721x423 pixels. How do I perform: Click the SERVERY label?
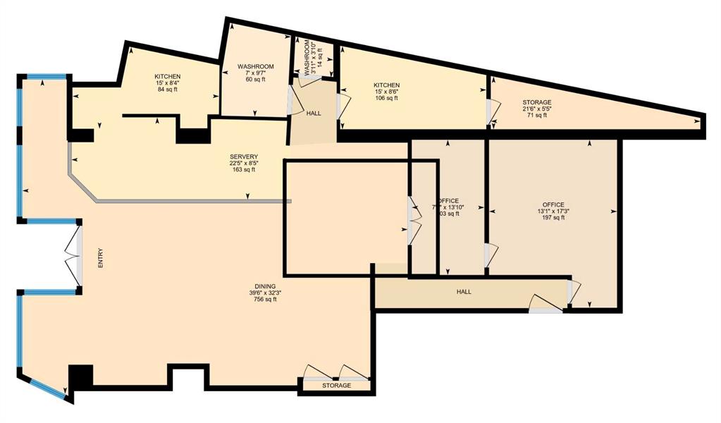click(x=244, y=156)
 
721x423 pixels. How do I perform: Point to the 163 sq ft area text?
click(x=244, y=170)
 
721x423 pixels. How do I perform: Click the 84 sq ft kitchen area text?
click(x=168, y=90)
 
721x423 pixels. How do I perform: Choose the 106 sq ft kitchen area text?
click(x=386, y=99)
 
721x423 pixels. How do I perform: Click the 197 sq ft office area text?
click(x=553, y=218)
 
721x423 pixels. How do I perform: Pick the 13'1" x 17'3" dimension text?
click(x=553, y=211)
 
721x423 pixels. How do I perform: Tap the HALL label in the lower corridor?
click(x=464, y=292)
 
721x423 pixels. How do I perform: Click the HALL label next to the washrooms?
click(x=314, y=113)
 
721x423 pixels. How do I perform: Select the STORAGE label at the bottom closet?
click(x=336, y=386)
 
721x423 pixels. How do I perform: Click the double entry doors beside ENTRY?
click(x=73, y=256)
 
